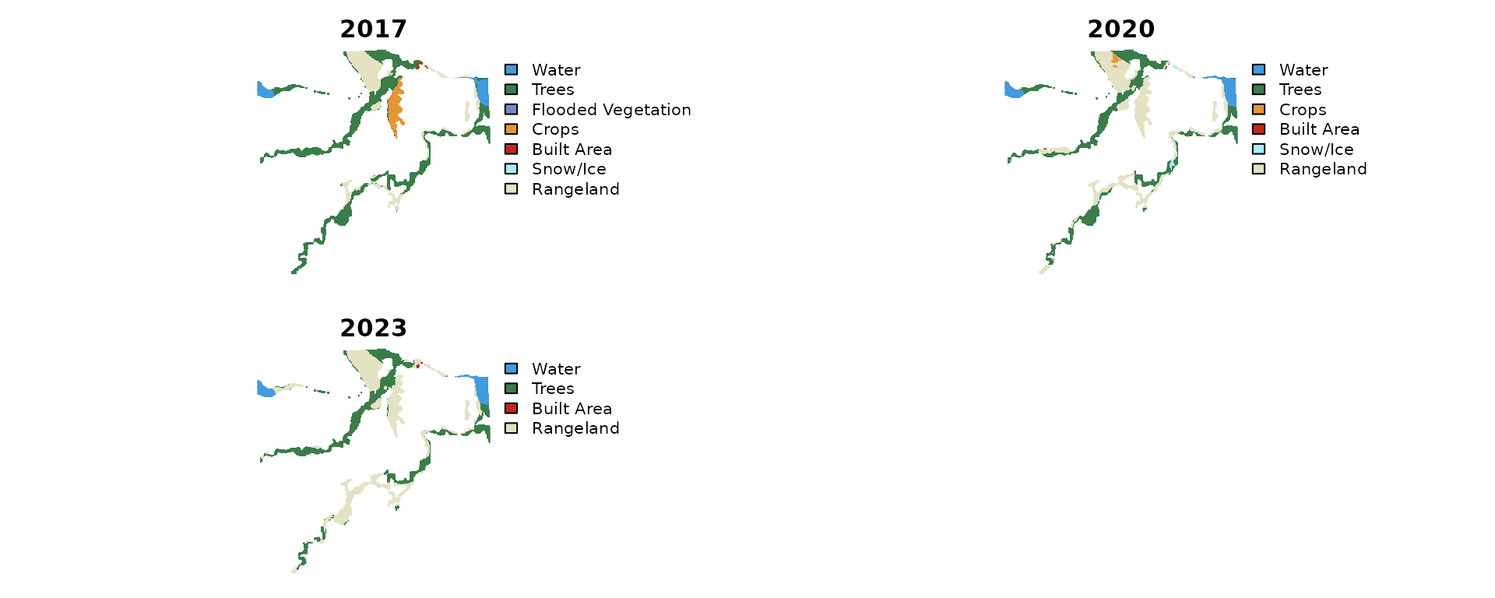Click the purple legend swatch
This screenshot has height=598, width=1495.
point(511,109)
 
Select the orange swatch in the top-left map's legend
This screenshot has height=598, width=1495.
point(511,129)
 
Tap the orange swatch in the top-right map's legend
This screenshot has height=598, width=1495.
point(1258,109)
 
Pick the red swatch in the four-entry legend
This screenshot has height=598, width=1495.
point(511,408)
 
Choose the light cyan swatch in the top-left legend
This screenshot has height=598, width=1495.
point(511,169)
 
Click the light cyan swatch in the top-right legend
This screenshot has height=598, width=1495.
point(1258,149)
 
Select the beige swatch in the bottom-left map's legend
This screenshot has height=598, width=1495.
point(511,428)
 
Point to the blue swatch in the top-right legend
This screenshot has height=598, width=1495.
point(1258,69)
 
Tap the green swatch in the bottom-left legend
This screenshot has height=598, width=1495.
point(511,388)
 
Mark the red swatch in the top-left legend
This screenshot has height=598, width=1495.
point(511,149)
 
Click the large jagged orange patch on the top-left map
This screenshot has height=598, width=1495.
point(396,106)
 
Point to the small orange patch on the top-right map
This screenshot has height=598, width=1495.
point(1115,58)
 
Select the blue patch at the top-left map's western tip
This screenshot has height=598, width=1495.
point(263,90)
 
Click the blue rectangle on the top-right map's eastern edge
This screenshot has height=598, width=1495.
point(1229,91)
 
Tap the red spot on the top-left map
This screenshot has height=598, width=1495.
point(419,65)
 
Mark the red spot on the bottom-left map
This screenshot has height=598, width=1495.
point(419,364)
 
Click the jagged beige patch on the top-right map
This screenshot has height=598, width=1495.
point(1142,106)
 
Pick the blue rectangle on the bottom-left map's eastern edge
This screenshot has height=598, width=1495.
point(483,389)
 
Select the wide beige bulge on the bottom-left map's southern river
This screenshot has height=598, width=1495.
point(343,515)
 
